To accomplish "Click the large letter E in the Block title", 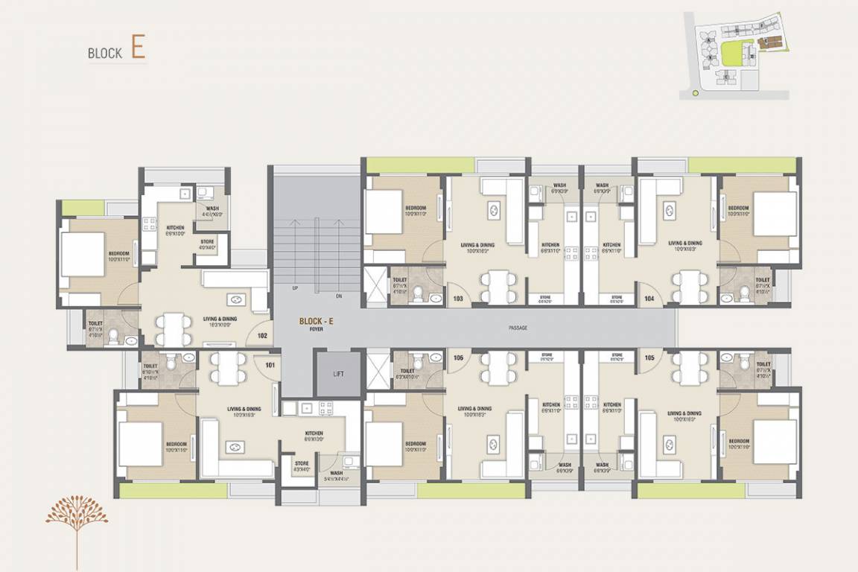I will pos(138,47).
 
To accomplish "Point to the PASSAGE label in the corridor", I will pos(518,328).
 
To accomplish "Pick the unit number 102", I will pos(262,336).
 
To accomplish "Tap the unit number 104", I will pos(649,298).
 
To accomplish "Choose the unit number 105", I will pos(649,357).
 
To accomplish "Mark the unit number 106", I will pos(458,357).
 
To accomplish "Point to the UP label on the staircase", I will pos(295,288).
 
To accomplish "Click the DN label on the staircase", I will pos(339,296).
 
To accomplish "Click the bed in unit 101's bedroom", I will pos(142,444).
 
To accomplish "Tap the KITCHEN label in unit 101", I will pos(314,433).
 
